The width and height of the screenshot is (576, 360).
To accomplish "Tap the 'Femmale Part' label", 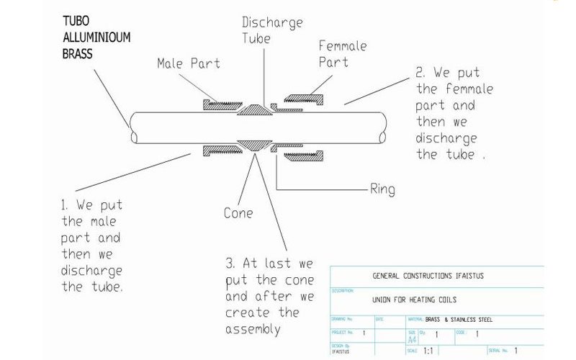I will pyautogui.click(x=341, y=55).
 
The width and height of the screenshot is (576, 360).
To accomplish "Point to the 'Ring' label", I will pyautogui.click(x=381, y=189).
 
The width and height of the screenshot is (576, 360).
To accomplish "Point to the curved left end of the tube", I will pyautogui.click(x=131, y=128).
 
